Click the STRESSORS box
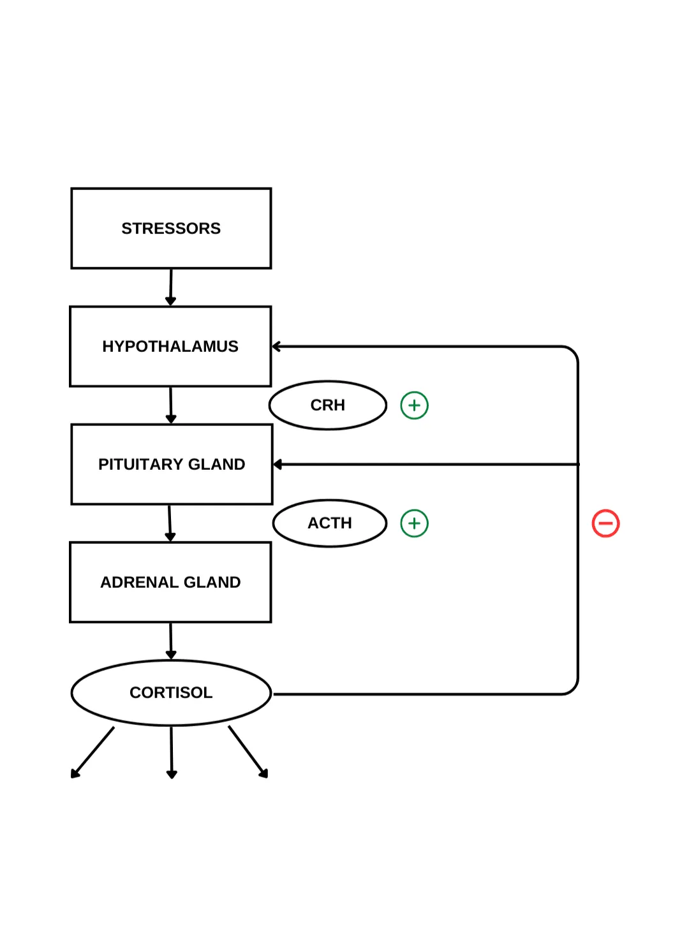click(171, 228)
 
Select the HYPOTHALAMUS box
click(170, 346)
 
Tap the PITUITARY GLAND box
click(172, 464)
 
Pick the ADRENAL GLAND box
click(170, 582)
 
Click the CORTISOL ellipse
click(171, 692)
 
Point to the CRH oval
click(328, 405)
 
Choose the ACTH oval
click(330, 523)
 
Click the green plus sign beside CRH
click(414, 405)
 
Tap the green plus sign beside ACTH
click(414, 523)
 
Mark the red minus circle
click(605, 523)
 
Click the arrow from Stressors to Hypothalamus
click(170, 287)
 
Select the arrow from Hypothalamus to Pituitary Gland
click(170, 405)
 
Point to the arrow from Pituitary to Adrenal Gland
click(170, 523)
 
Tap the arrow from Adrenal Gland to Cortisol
click(170, 641)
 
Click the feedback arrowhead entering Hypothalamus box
click(277, 347)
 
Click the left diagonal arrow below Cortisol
click(93, 752)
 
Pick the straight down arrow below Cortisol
click(171, 752)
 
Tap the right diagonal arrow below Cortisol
click(248, 752)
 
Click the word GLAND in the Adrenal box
click(212, 582)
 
